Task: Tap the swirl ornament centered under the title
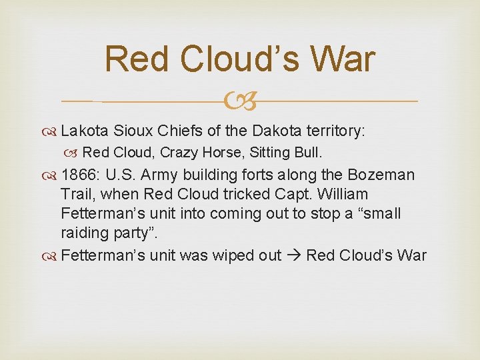click(x=239, y=101)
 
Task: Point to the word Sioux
click(x=133, y=131)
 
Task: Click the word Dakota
click(x=279, y=131)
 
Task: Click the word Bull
click(x=309, y=153)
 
